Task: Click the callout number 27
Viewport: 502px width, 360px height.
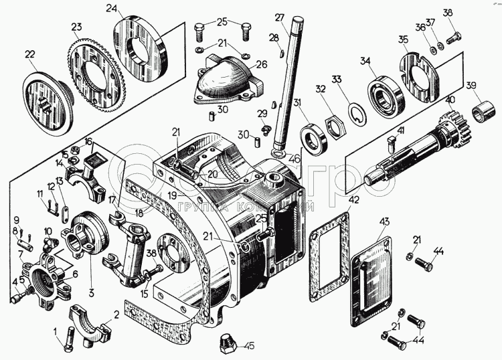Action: pos(279,17)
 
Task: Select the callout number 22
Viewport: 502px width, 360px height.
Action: pos(30,54)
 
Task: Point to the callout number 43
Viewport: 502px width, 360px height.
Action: pos(384,221)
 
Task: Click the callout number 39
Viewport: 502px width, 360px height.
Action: pos(471,85)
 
